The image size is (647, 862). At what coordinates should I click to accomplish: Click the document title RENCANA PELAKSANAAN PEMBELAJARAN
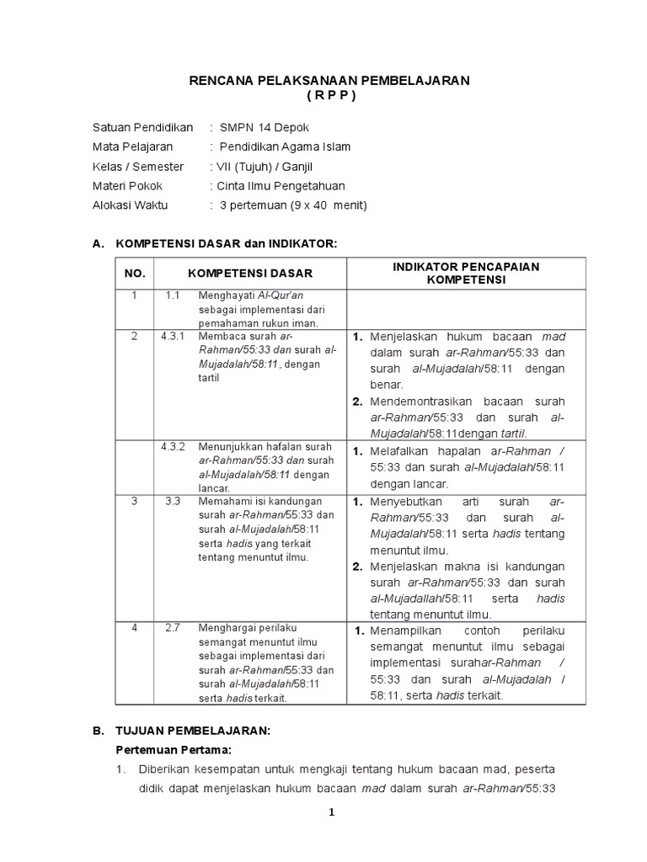click(328, 80)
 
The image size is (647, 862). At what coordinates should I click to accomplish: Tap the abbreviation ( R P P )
click(328, 95)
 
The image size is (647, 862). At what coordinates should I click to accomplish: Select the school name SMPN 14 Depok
click(265, 128)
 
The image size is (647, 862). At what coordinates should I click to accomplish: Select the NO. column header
click(135, 274)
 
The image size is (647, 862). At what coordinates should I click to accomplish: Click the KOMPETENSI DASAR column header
click(249, 274)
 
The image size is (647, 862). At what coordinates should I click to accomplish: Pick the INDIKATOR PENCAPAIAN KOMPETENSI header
click(466, 274)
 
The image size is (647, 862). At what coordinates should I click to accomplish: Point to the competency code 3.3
click(173, 501)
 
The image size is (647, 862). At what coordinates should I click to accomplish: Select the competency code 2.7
click(173, 628)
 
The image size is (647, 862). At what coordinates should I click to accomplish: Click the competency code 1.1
click(173, 295)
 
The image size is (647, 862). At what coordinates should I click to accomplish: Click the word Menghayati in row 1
click(226, 295)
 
